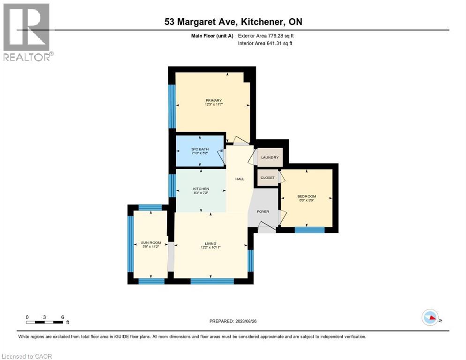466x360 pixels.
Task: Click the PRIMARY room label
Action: point(213,100)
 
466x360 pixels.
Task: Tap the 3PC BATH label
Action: point(199,150)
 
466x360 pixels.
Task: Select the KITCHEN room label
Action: point(200,189)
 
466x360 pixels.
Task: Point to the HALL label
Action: point(240,179)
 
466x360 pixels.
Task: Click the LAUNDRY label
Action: point(270,157)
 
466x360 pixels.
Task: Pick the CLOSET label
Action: point(267,178)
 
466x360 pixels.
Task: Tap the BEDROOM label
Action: point(307,196)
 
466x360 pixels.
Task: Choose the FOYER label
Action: point(263,211)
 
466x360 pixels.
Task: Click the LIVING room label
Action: point(210,243)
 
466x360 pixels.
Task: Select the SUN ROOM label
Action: point(148,242)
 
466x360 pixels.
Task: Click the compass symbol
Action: point(430,318)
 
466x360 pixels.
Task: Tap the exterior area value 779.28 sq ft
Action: point(281,35)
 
